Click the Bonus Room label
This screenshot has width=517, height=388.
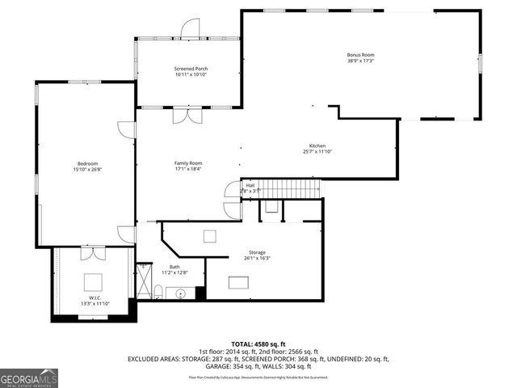[360, 55]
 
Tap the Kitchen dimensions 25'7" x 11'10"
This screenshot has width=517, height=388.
[317, 151]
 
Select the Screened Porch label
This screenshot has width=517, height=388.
[190, 70]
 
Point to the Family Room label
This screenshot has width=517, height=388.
[188, 163]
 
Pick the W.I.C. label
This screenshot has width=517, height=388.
[94, 298]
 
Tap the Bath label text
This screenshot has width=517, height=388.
[174, 267]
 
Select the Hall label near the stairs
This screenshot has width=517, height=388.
[250, 185]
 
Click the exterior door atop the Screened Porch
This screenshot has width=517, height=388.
[190, 28]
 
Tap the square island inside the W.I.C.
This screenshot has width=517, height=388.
[94, 281]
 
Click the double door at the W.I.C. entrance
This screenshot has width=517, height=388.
[94, 253]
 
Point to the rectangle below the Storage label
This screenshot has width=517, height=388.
[238, 282]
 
